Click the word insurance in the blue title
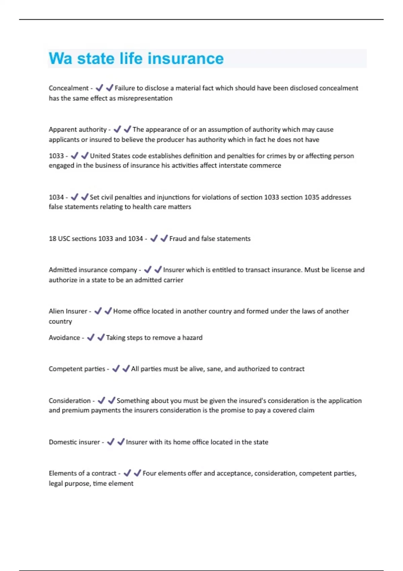tap(185, 58)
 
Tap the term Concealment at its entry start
tap(69, 88)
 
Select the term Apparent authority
tap(78, 129)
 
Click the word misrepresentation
tap(145, 98)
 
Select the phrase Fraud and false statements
tap(210, 238)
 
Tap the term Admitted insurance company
tap(93, 270)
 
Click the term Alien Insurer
tap(68, 311)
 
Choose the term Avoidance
tap(64, 338)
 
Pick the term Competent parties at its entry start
tap(77, 369)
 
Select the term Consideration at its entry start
tap(70, 401)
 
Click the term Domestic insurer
tap(74, 442)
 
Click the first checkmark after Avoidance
tap(91, 337)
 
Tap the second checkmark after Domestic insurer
tap(121, 442)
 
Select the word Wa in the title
tap(60, 58)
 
